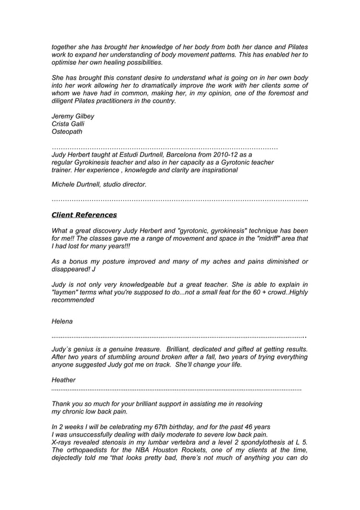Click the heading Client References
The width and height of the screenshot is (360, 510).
click(x=84, y=215)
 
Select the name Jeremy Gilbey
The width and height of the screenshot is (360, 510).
click(x=73, y=116)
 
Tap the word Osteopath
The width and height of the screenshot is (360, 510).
click(x=67, y=132)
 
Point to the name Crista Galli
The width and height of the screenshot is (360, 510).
click(x=68, y=124)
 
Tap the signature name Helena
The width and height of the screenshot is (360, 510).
click(x=62, y=321)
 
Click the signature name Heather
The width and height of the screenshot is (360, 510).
click(x=63, y=381)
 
